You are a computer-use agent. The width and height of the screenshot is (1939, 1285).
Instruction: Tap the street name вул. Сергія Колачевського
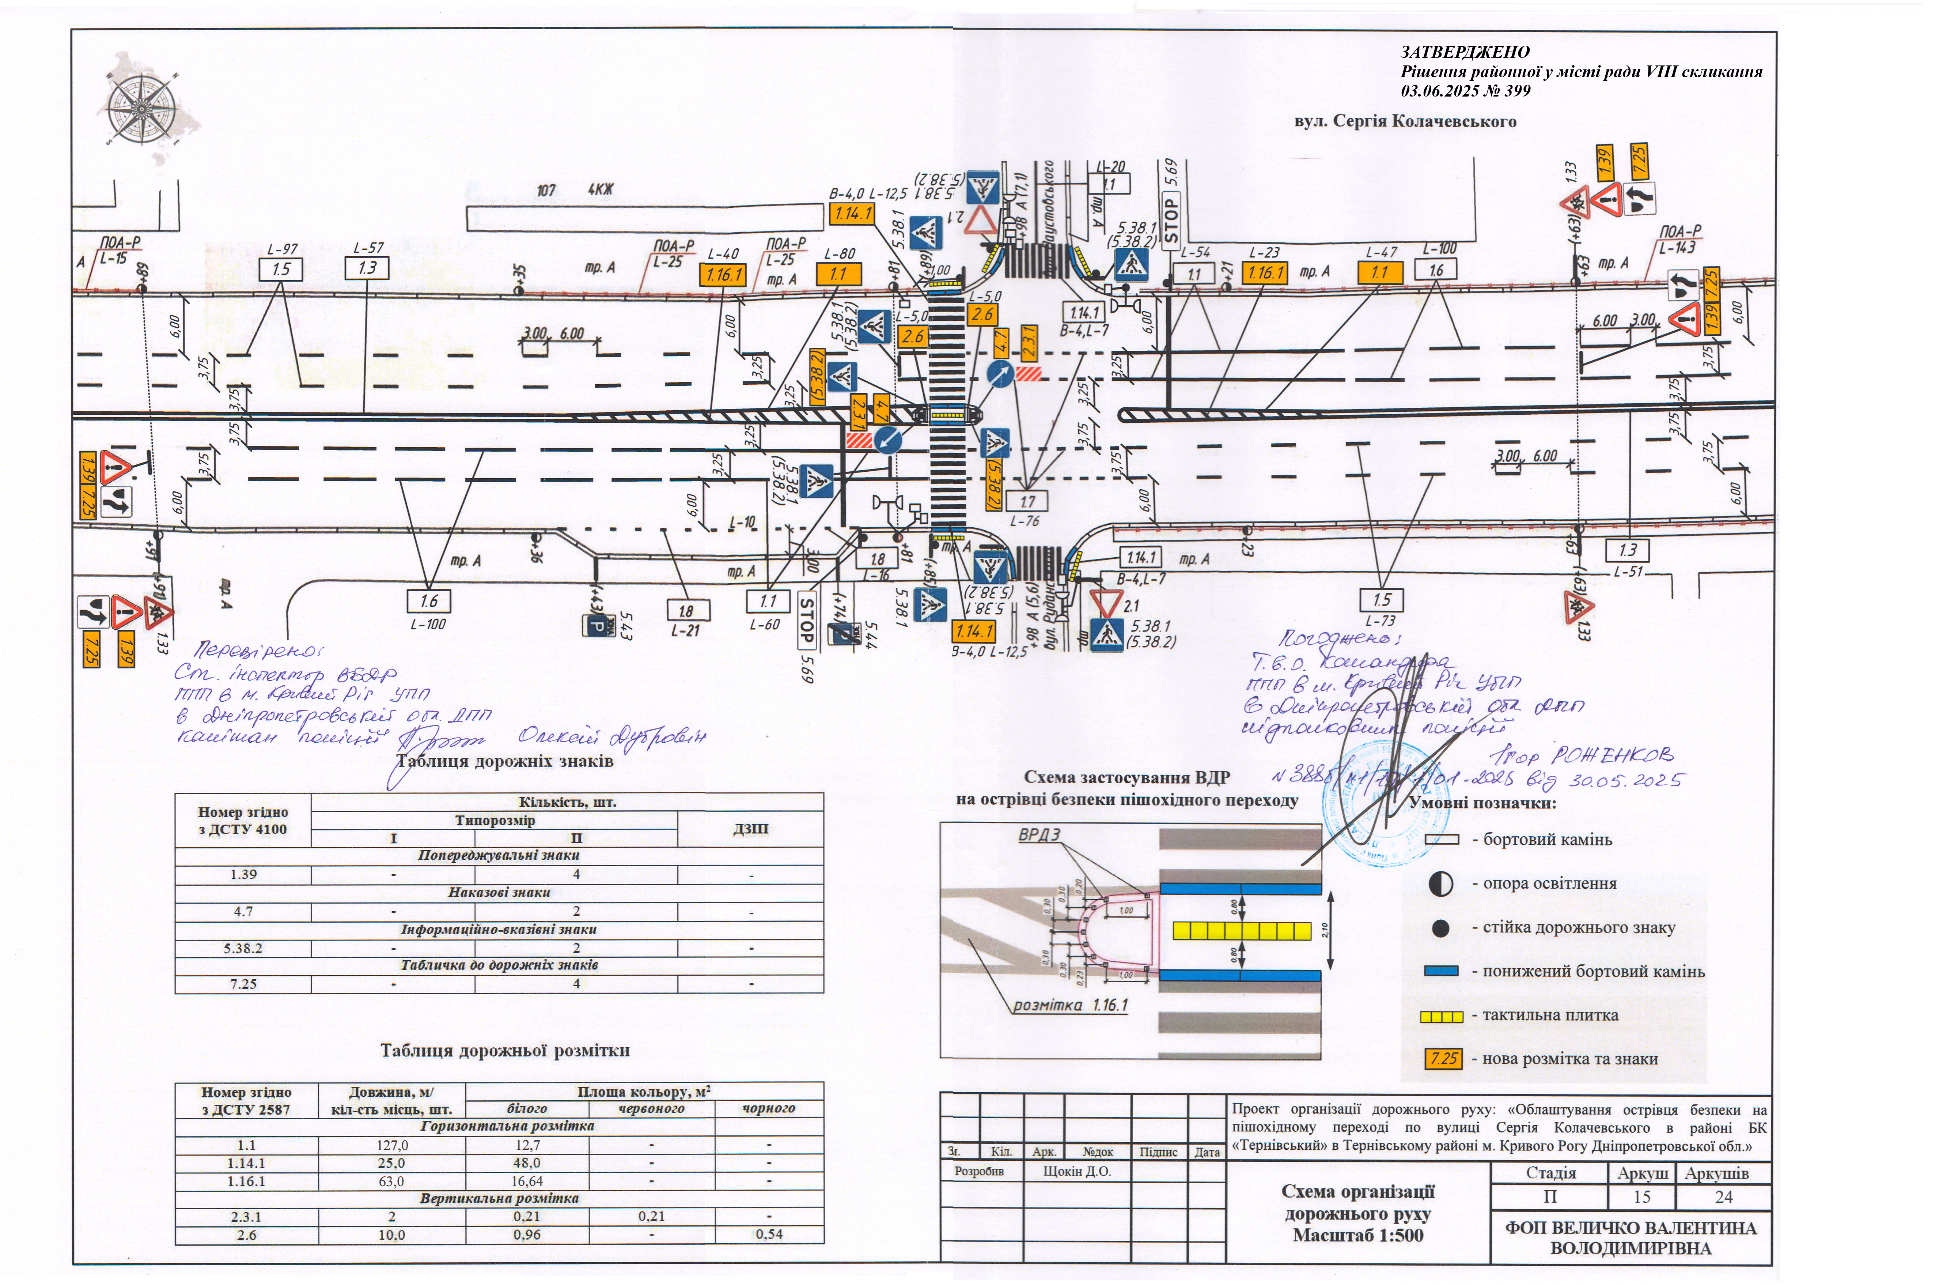(x=1405, y=121)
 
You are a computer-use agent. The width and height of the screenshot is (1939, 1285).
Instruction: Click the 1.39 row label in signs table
(x=243, y=874)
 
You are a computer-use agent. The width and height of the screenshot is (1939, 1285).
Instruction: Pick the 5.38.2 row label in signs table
(x=243, y=948)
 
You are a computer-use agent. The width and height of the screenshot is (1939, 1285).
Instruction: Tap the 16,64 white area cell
(x=527, y=1181)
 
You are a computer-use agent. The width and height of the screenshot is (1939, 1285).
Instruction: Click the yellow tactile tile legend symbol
(x=1441, y=1016)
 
